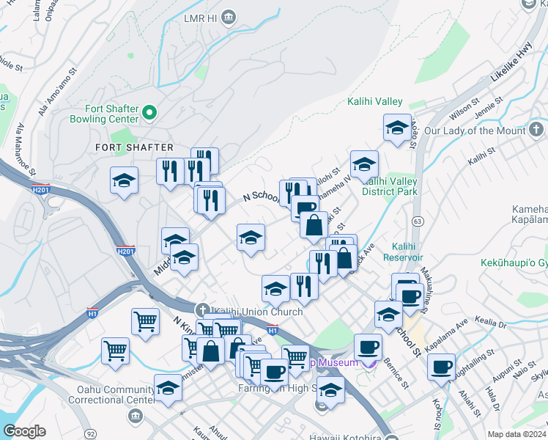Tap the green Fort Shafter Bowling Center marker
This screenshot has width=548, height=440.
pos(149,112)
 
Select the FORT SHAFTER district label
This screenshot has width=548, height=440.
pos(134,147)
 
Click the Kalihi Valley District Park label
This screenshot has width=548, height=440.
pos(389,186)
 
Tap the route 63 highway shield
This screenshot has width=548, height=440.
pos(417,219)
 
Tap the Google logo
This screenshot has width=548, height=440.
pos(24,431)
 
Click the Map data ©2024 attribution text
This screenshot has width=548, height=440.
pos(517,434)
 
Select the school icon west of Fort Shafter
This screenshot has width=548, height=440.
pos(125,180)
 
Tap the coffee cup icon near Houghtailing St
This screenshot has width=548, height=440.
pos(441,366)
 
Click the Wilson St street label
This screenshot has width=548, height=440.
pos(465,110)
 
